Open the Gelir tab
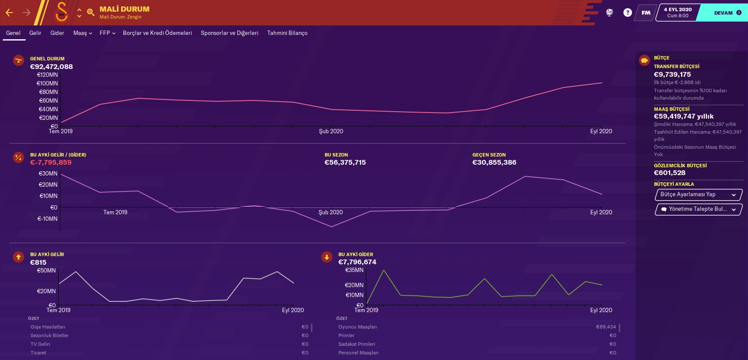[35, 33]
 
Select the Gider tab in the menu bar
[57, 33]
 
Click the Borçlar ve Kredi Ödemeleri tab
[157, 33]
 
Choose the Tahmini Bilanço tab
[287, 33]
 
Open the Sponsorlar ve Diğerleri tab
[229, 33]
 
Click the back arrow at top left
[9, 13]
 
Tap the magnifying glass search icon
[91, 13]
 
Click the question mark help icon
[627, 13]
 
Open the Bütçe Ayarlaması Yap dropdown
[698, 194]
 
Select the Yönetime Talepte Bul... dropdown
[698, 209]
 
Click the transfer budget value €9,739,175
[672, 75]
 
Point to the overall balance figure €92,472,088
[51, 67]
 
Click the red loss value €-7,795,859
[51, 163]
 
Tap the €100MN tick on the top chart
[47, 83]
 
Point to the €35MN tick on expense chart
[354, 270]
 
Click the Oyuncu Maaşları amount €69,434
[606, 327]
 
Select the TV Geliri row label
[40, 344]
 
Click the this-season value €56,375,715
[345, 163]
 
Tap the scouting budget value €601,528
[670, 173]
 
